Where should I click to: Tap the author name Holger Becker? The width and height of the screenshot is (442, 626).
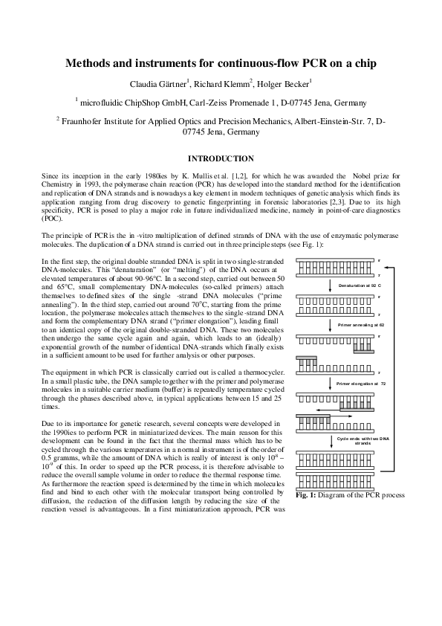tap(285, 83)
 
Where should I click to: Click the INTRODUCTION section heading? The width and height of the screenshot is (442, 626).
tap(221, 158)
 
